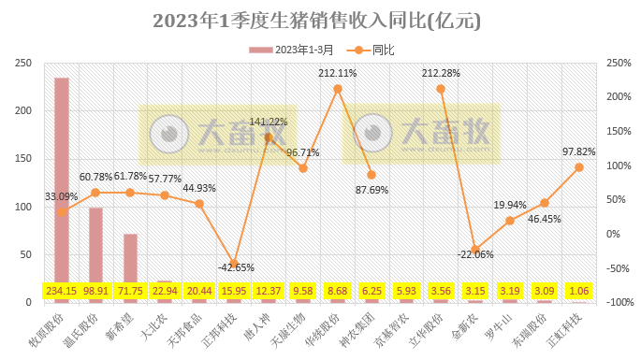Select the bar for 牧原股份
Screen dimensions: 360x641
click(62, 187)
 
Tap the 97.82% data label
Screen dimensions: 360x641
click(578, 151)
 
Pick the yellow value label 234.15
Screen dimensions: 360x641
click(62, 291)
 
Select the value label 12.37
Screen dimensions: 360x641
click(269, 291)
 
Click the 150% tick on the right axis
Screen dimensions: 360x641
click(617, 130)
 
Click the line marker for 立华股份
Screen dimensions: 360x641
click(441, 89)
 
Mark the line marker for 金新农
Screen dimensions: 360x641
click(475, 250)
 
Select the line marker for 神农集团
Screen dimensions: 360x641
click(371, 175)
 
